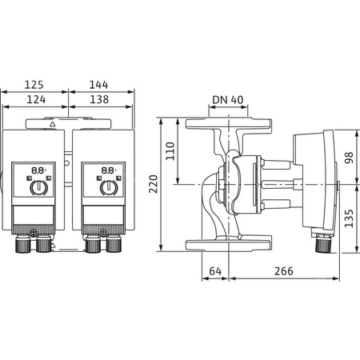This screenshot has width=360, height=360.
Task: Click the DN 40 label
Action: [229, 100]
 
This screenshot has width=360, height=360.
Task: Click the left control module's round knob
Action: [37, 189]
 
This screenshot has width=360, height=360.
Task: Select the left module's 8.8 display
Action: [37, 170]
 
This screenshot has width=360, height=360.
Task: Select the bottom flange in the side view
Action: [229, 245]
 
